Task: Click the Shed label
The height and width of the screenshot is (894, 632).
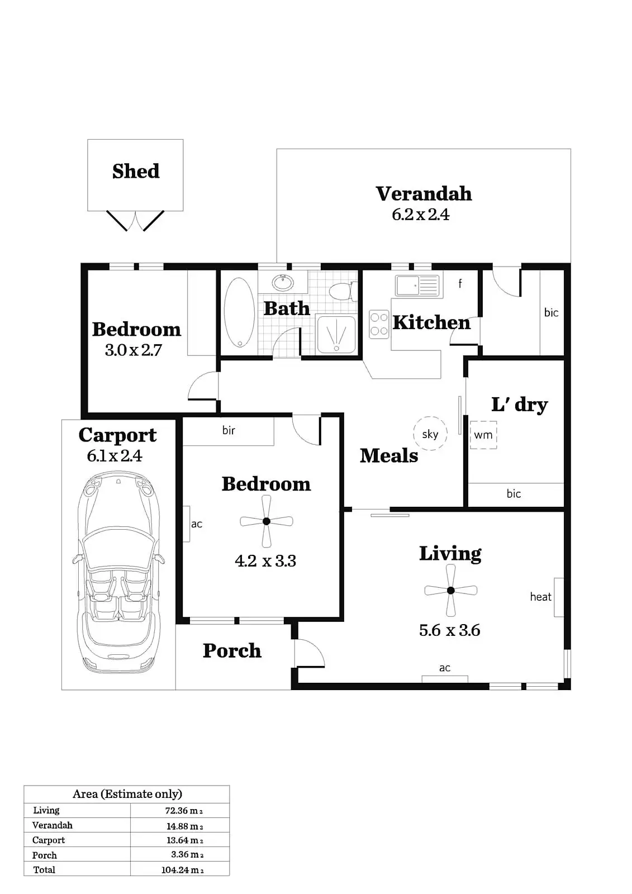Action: point(136,171)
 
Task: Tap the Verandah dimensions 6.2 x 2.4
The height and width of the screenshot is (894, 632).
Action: point(420,215)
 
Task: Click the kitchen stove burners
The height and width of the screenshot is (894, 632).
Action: point(379,325)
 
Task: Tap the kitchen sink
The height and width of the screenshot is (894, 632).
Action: point(417,286)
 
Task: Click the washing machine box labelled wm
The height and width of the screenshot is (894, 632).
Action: point(483,434)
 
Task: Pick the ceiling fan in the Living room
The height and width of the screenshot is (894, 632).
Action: point(450,590)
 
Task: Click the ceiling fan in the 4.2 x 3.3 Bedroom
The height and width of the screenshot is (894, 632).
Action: point(267,521)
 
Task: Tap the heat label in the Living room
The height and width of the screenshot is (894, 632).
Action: point(540,597)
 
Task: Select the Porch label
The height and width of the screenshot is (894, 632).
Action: point(232,650)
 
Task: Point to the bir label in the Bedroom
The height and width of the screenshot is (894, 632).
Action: point(229,430)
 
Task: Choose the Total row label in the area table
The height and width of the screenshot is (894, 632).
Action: point(44,869)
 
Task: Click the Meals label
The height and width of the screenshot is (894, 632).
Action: point(389,455)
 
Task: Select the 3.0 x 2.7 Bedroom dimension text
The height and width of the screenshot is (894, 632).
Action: point(133,350)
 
